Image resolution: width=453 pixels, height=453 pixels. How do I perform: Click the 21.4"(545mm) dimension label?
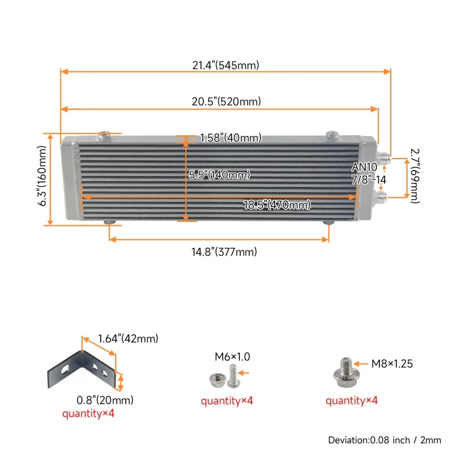225,65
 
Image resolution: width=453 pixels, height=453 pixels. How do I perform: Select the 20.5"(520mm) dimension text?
226,101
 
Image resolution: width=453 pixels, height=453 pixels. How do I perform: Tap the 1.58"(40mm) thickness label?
230,138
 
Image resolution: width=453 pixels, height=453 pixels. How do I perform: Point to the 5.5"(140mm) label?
219,174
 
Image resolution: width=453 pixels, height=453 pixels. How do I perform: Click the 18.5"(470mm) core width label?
277,205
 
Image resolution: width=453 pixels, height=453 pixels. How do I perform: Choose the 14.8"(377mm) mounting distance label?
224,251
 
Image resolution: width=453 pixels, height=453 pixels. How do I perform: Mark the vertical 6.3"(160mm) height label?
42,176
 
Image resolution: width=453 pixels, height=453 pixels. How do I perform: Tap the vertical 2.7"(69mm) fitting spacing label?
415,176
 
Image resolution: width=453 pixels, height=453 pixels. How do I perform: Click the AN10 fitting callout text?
364,167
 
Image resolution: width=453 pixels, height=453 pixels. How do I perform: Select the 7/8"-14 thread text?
369,180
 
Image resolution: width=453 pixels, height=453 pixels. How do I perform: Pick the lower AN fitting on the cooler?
381,196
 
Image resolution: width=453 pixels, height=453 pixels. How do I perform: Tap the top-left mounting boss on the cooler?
104,135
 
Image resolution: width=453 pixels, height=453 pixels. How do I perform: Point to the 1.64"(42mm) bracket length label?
128,338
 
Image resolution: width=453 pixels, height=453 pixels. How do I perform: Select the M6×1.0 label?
232,357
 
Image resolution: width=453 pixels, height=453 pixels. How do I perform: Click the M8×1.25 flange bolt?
346,373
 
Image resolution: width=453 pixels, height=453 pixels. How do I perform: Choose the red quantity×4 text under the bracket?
88,413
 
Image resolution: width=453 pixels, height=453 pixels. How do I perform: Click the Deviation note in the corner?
384,440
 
